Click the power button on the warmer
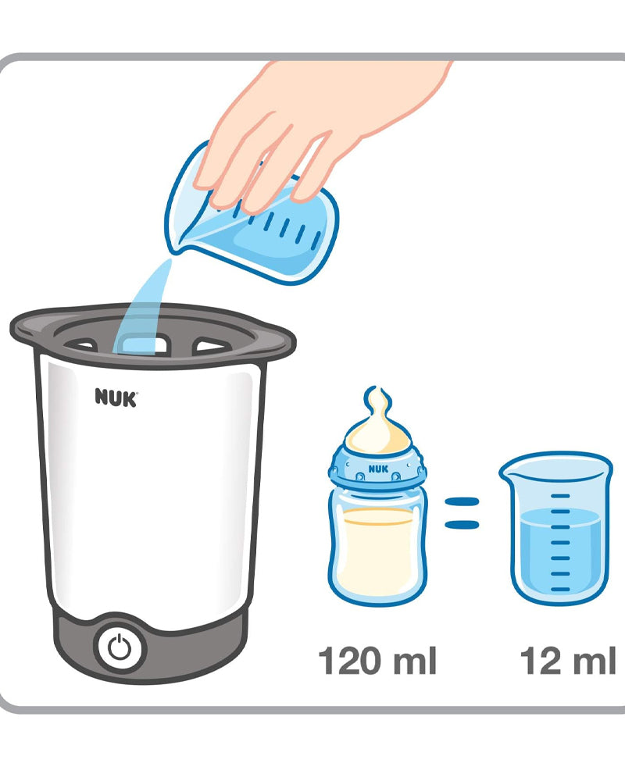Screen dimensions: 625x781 point(120,648)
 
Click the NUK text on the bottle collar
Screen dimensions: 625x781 point(378,469)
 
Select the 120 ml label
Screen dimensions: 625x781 point(377,661)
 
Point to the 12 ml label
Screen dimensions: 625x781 point(568,661)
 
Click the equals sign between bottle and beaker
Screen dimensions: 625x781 point(462,513)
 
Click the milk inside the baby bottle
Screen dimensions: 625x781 point(377,553)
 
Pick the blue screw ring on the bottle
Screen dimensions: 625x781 point(377,468)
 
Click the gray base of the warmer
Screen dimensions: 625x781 point(149,647)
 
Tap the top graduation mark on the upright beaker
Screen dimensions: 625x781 point(561,496)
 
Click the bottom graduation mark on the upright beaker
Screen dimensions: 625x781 point(561,589)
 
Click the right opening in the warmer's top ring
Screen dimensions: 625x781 point(212,344)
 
